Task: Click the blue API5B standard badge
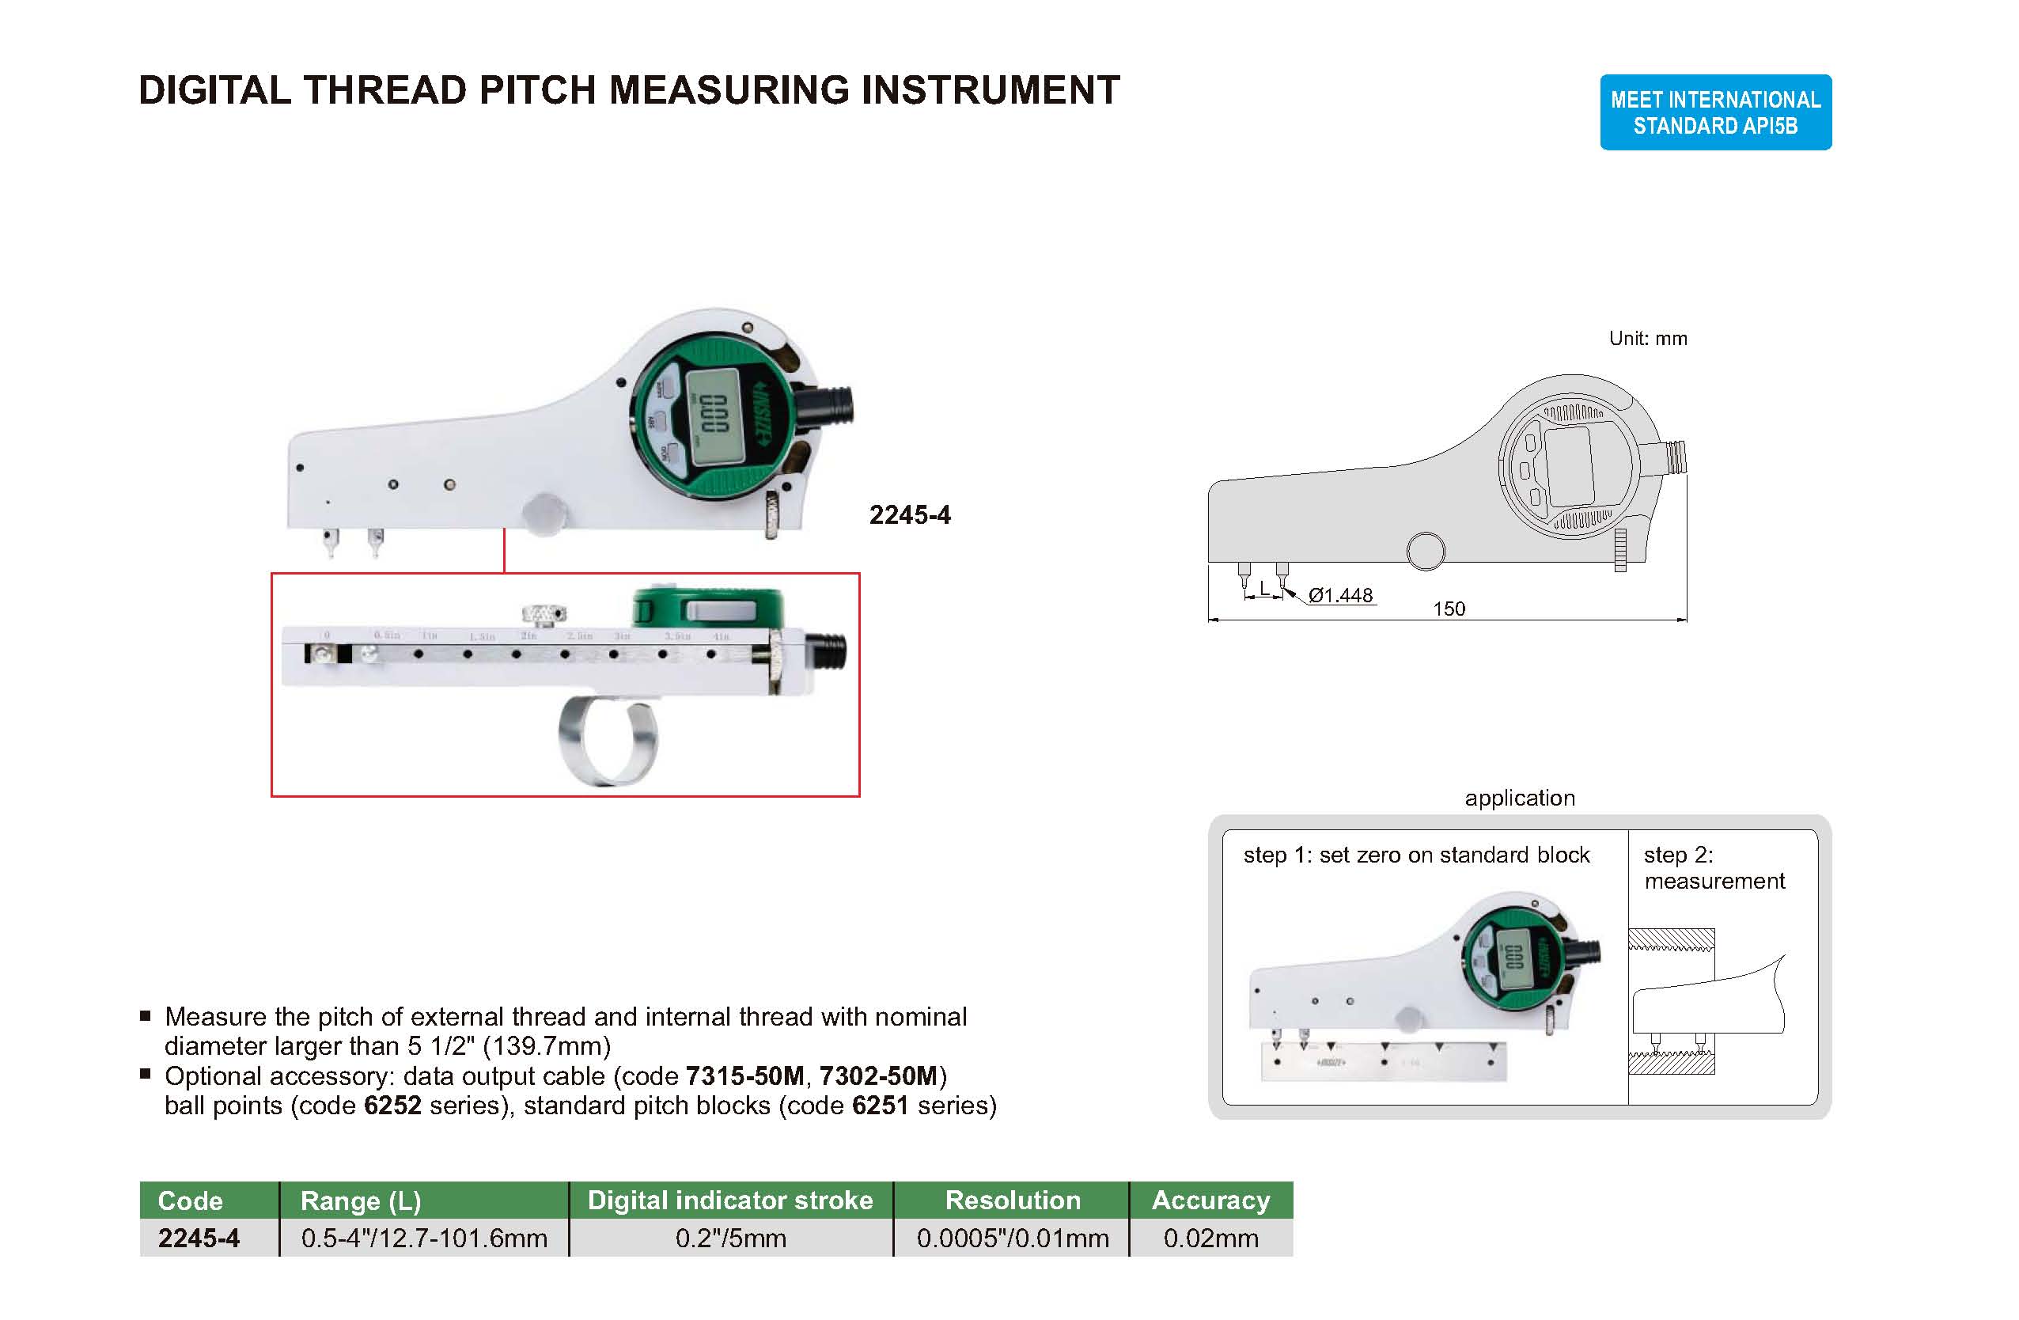point(1714,112)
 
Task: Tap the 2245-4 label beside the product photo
point(909,515)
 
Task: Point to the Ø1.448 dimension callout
point(1339,596)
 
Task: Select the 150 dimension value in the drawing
point(1448,609)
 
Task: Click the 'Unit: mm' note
point(1647,339)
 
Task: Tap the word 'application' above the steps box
point(1519,798)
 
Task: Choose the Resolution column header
point(1012,1200)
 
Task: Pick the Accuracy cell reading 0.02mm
point(1210,1238)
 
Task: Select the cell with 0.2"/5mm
point(730,1238)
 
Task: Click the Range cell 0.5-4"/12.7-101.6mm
point(424,1238)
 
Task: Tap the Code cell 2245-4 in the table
point(199,1238)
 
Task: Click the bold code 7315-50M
point(744,1075)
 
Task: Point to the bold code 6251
point(880,1106)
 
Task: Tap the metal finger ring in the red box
point(608,740)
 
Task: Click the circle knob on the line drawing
point(1425,552)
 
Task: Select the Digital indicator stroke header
point(730,1200)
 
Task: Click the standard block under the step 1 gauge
point(1384,1063)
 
